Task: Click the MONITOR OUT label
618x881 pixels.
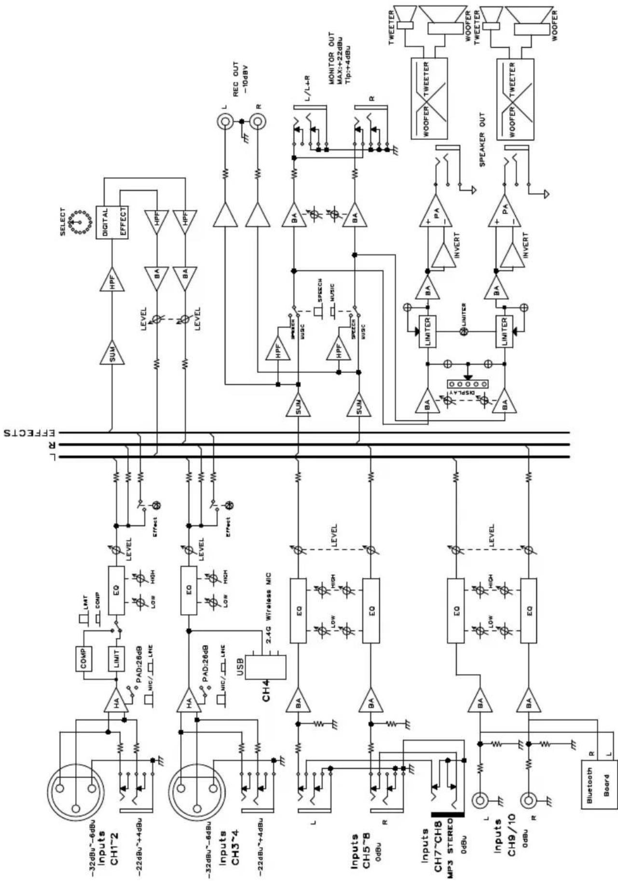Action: pyautogui.click(x=340, y=58)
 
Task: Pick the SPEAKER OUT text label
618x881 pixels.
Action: pyautogui.click(x=482, y=140)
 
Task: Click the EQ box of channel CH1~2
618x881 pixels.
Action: pyautogui.click(x=116, y=590)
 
